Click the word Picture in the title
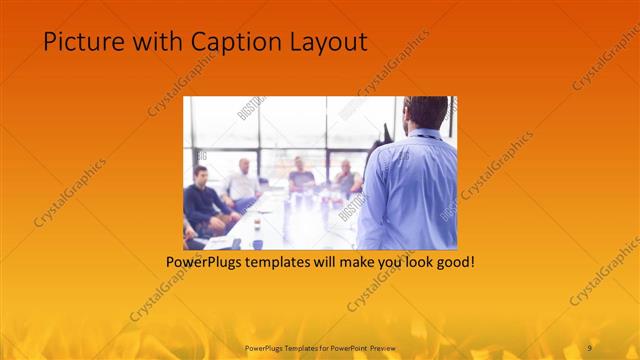point(78,42)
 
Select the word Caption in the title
point(232,42)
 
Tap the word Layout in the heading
point(329,42)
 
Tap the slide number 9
point(590,346)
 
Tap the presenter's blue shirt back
point(415,190)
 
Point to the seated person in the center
point(301,177)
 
